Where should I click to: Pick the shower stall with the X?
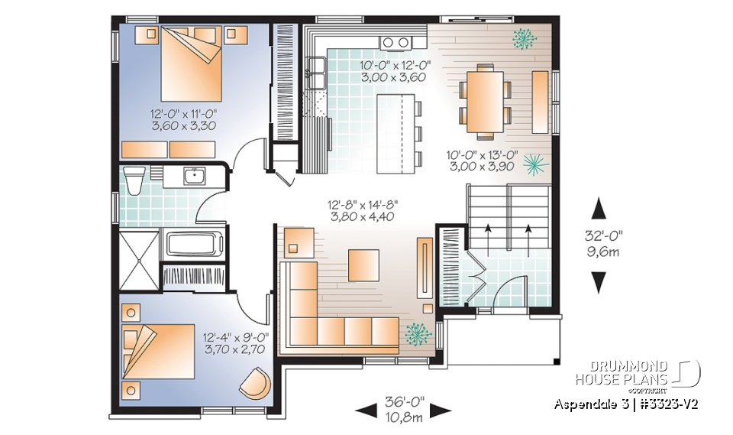pos(139,260)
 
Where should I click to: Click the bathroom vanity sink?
pos(193,177)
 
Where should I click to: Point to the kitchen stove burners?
pos(396,42)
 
